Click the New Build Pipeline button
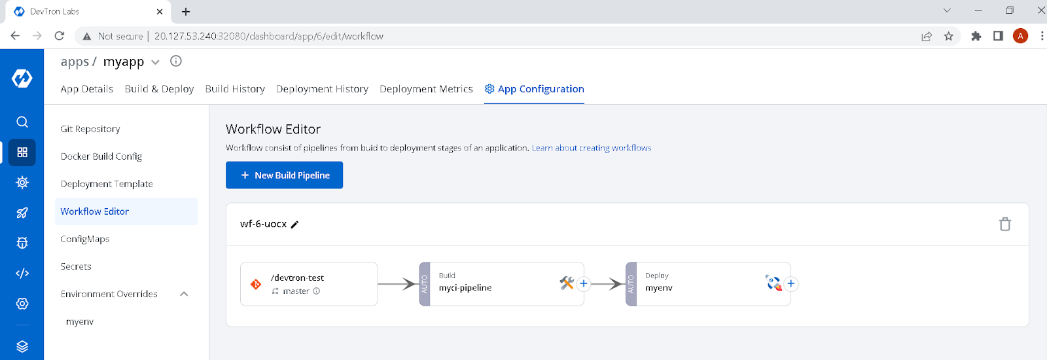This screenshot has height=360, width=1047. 284,175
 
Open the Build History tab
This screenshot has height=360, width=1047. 235,89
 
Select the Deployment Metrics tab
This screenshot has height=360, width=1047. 426,89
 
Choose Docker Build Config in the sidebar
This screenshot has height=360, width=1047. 101,156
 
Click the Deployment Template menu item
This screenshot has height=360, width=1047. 107,184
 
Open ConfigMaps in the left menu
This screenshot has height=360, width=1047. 85,239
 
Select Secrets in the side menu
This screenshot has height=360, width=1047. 76,266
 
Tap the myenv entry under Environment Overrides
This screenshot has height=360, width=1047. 80,321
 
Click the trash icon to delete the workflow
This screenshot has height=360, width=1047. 1005,225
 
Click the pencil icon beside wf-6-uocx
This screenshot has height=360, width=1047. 295,225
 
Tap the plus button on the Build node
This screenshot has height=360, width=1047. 584,283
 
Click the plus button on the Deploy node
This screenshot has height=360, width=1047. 790,283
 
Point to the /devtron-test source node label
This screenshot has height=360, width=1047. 297,278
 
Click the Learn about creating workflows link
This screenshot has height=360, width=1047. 592,148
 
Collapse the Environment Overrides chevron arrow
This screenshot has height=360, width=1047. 184,294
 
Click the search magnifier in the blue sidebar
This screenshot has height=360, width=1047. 22,122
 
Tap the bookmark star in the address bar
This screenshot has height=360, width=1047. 948,36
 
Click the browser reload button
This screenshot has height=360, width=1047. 60,36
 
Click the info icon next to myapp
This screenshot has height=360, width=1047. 176,61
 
